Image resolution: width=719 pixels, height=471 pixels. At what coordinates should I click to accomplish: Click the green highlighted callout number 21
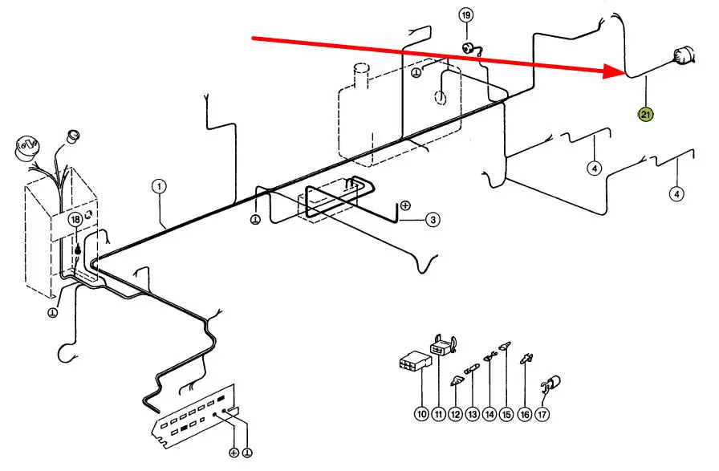click(x=646, y=115)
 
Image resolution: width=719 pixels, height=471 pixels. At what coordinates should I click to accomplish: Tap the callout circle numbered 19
click(x=466, y=15)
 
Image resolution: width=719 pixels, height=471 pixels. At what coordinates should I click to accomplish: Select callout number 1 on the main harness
click(x=159, y=186)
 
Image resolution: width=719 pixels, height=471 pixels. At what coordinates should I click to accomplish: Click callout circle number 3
click(x=433, y=219)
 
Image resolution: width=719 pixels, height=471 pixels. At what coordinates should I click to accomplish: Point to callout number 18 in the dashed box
click(x=75, y=219)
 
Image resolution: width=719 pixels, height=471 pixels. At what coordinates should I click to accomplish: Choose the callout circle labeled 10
click(x=420, y=414)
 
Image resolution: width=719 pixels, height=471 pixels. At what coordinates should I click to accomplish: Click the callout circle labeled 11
click(x=438, y=414)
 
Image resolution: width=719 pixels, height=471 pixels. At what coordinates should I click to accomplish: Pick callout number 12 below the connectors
click(x=455, y=414)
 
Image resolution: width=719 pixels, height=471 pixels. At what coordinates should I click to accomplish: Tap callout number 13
click(x=472, y=414)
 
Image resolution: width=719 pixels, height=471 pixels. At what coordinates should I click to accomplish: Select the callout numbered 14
click(x=489, y=414)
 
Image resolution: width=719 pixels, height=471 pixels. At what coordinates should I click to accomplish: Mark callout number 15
click(x=506, y=414)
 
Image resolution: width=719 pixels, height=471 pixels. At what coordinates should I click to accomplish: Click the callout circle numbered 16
click(x=525, y=414)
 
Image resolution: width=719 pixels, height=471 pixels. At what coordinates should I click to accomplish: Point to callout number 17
click(x=542, y=414)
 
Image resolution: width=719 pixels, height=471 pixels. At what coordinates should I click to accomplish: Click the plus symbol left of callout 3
click(x=405, y=205)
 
